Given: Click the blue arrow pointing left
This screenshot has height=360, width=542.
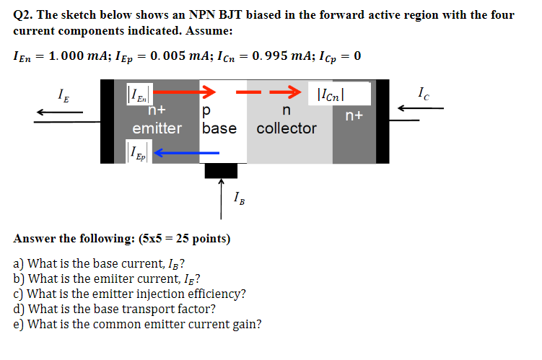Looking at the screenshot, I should [186, 152].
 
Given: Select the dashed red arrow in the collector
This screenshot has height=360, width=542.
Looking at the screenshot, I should [268, 92].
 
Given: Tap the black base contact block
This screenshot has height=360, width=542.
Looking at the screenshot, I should [221, 170].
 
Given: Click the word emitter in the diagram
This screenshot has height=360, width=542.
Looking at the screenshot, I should [157, 128].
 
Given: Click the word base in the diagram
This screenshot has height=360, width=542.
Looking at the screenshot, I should [219, 128].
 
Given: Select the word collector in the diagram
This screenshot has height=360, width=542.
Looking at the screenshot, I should [287, 128].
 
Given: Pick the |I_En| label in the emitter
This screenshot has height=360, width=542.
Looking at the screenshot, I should [137, 94].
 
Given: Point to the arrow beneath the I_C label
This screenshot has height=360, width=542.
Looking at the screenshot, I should [423, 109].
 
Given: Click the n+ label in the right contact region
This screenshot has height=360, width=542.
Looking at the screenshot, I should [354, 115].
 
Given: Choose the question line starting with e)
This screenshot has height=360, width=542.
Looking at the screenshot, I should [137, 324].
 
